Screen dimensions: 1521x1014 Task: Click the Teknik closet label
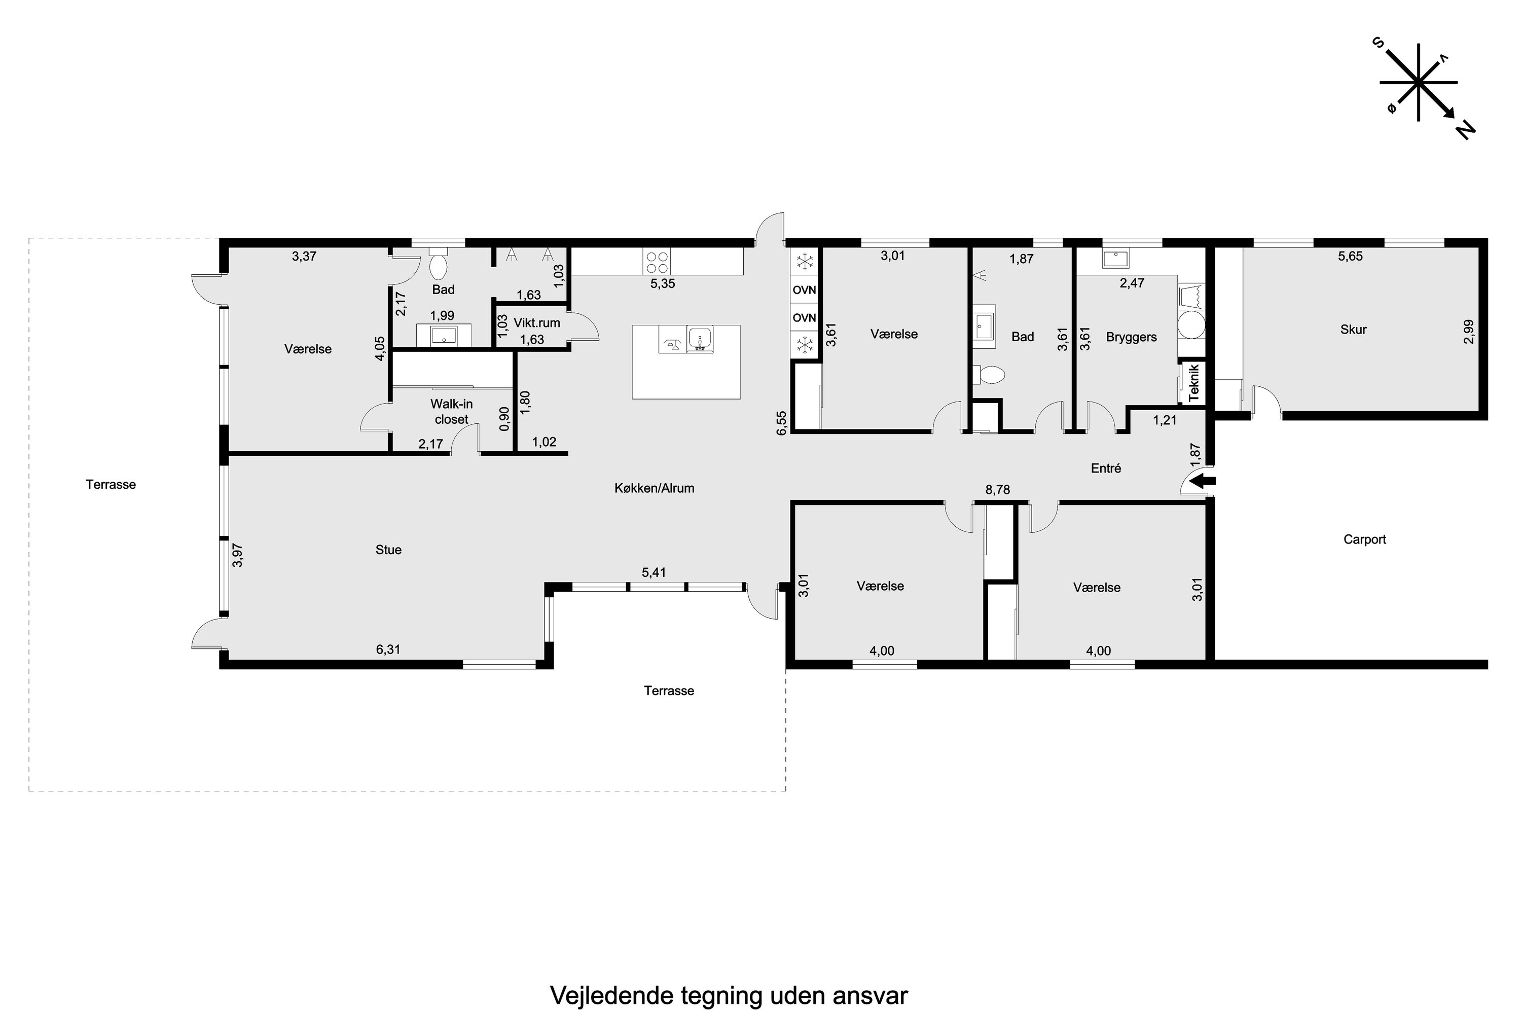[1194, 383]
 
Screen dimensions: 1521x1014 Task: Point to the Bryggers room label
[1131, 337]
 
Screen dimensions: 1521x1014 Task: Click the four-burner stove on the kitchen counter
[657, 262]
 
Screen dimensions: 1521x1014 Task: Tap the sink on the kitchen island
[700, 339]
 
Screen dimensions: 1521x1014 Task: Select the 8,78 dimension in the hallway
[997, 490]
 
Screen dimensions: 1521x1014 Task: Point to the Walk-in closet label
[451, 411]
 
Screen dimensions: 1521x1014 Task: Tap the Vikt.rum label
[537, 322]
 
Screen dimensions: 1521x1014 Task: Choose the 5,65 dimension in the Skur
[1350, 256]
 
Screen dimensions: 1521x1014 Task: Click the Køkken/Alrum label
[655, 488]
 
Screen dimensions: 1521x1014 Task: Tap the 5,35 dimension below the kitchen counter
[662, 283]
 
